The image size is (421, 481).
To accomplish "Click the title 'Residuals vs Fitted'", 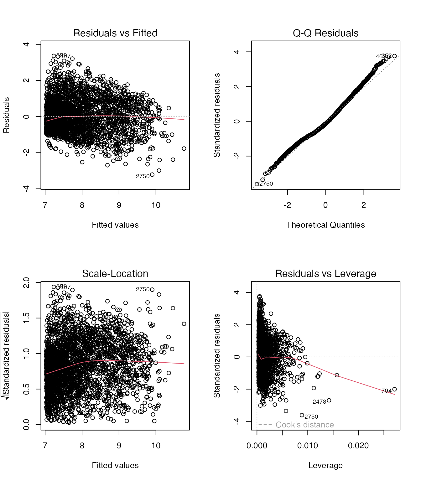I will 115,33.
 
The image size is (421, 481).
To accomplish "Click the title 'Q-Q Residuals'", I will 325,33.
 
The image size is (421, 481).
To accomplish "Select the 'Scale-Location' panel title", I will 115,274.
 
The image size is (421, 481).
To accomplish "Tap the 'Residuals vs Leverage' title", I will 325,274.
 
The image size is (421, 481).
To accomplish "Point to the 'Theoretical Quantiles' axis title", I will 325,225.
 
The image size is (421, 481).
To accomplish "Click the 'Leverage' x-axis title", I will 325,465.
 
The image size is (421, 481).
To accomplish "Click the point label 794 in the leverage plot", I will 386,391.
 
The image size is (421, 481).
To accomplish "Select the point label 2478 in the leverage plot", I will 319,402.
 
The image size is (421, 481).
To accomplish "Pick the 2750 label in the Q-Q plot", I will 266,184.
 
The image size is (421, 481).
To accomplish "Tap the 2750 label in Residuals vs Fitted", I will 143,176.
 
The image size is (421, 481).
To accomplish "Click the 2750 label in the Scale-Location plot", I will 143,289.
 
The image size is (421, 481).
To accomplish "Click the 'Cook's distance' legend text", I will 304,425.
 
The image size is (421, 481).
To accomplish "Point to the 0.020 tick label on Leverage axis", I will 358,446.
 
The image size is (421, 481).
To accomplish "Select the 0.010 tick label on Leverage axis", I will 308,446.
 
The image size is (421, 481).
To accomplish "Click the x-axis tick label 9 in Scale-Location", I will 119,446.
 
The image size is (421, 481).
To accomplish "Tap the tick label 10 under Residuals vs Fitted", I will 156,205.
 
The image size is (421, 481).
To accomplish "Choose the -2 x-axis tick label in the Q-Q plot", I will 287,205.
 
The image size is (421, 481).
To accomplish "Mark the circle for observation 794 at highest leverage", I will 394,389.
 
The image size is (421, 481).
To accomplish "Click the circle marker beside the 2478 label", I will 329,400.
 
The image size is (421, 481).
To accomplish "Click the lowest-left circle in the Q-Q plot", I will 257,184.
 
